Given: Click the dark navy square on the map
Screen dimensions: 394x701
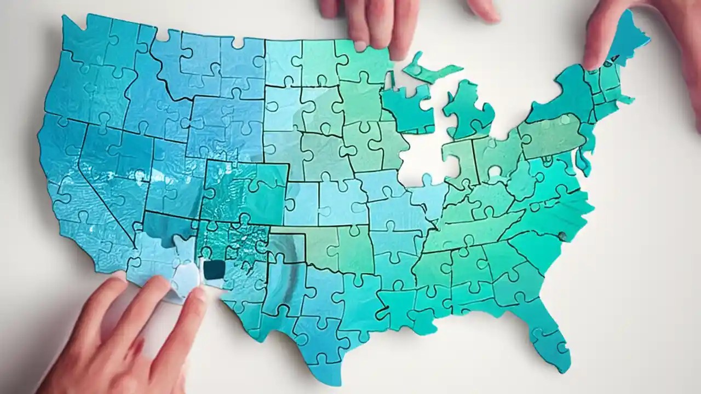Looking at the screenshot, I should (214, 269).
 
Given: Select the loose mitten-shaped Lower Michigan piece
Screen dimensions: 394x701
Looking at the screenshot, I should (468, 106).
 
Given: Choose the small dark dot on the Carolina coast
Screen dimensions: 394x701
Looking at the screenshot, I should (561, 236).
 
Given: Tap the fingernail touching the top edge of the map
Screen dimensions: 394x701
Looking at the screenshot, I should (360, 47).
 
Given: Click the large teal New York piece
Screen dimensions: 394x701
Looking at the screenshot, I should (559, 99).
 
